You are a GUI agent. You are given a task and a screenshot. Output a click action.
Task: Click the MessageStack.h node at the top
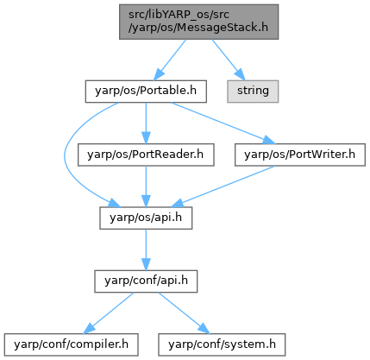[x=198, y=22]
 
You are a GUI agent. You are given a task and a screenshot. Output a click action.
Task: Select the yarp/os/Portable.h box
[x=146, y=92]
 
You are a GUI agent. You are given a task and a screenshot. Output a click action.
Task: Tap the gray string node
[x=253, y=92]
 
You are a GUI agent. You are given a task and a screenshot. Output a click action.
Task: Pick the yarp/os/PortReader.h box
[x=146, y=155]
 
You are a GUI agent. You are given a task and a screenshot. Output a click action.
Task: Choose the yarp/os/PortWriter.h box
[x=300, y=155]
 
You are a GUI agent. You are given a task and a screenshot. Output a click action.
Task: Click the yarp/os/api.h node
[x=146, y=218]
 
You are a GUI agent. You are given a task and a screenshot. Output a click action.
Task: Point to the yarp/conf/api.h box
[x=146, y=281]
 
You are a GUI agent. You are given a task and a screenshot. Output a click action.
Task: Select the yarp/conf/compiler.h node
[x=71, y=344]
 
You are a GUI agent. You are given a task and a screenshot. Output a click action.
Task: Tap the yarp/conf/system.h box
[x=222, y=344]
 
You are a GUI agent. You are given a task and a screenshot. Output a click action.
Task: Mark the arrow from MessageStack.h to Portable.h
[x=170, y=60]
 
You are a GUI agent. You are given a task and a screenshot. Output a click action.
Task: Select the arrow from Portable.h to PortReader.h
[x=146, y=123]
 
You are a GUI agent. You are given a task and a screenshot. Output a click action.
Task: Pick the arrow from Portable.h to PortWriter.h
[x=223, y=123]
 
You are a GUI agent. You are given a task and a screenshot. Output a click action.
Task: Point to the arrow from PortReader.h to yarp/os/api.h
[x=146, y=186]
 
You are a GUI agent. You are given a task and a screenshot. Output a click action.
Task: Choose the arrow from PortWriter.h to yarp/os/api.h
[x=223, y=186]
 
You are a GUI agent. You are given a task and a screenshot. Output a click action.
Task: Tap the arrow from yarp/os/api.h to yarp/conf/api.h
[x=146, y=249]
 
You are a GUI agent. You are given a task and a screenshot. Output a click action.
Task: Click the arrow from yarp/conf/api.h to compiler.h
[x=109, y=313]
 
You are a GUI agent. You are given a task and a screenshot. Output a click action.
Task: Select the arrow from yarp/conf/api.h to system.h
[x=184, y=313]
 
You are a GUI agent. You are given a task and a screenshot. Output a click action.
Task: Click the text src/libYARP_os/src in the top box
[x=179, y=15]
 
